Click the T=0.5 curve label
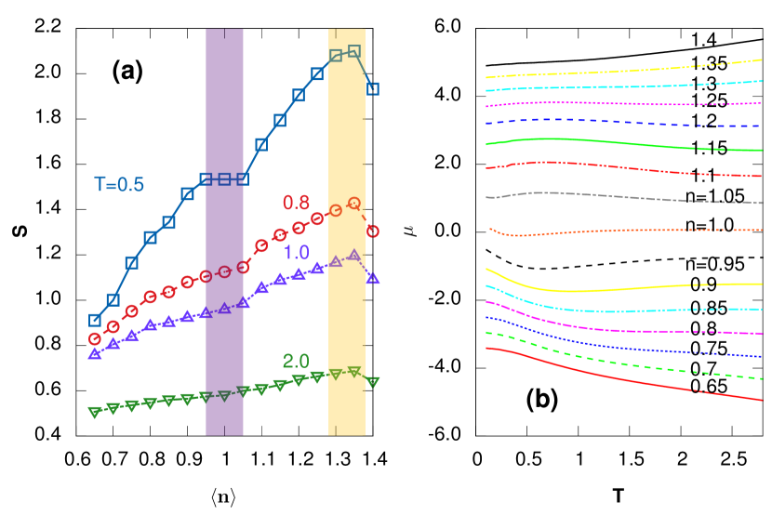click(119, 184)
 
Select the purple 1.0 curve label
click(297, 252)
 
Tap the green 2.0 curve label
click(296, 361)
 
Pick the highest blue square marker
click(353, 51)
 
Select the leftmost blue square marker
click(94, 320)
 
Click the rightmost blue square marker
click(373, 88)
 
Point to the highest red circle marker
click(353, 203)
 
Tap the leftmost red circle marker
click(94, 339)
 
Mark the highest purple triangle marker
click(353, 254)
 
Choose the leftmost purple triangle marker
click(94, 354)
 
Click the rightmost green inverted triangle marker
click(373, 381)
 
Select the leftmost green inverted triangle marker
click(94, 412)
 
